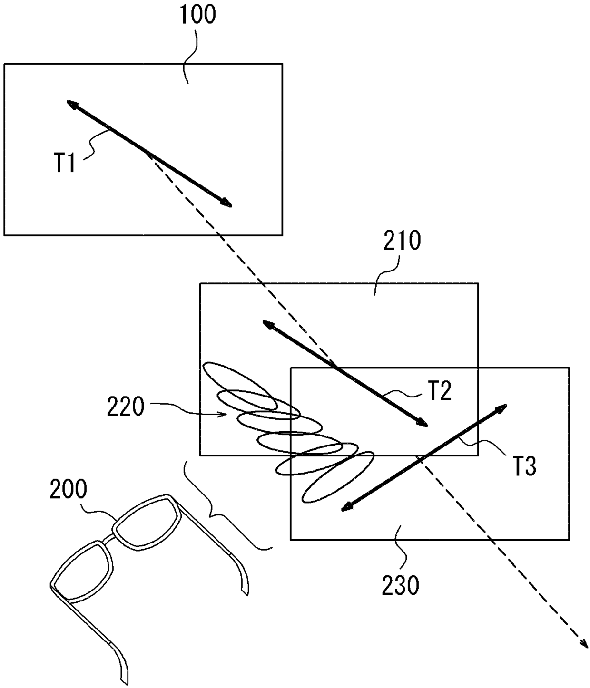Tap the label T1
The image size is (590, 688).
(64, 163)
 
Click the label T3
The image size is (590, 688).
(524, 466)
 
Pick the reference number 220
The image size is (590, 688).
(125, 407)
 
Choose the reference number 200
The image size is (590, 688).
(69, 489)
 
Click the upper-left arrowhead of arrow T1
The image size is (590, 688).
(70, 103)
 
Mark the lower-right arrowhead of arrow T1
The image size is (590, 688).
(228, 204)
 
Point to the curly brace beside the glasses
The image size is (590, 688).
(224, 511)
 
